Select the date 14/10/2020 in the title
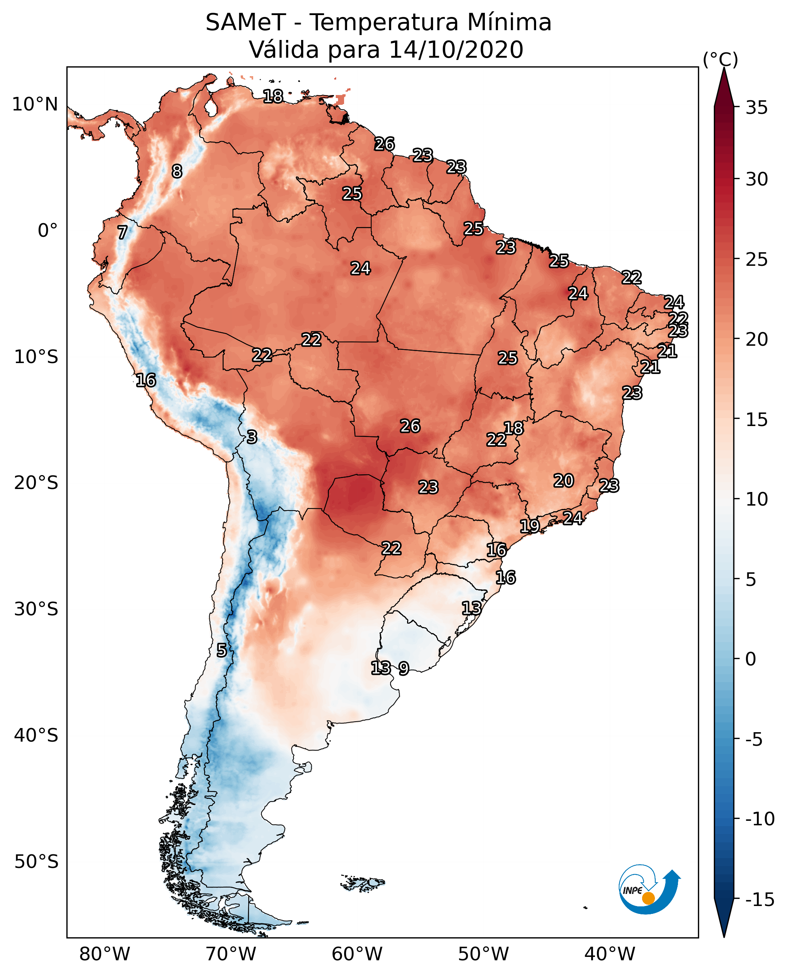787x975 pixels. [456, 50]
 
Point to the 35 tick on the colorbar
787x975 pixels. [757, 108]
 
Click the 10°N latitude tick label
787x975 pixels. [35, 105]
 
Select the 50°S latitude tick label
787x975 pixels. [36, 861]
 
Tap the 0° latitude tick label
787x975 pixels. [48, 231]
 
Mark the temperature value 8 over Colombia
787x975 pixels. [177, 171]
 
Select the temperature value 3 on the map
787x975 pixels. [252, 437]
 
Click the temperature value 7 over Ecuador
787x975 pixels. [122, 232]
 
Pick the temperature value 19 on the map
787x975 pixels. [529, 526]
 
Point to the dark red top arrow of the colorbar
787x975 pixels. [724, 87]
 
